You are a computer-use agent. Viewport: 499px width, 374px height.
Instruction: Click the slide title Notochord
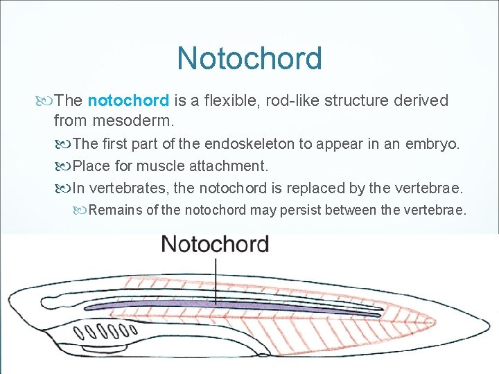coord(249,58)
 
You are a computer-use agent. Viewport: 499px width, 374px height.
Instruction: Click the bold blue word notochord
coord(129,100)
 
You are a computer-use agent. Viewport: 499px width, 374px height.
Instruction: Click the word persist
coord(304,210)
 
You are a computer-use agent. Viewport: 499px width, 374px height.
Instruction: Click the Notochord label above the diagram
coord(215,244)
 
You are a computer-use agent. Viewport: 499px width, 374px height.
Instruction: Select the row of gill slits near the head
coord(104,330)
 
